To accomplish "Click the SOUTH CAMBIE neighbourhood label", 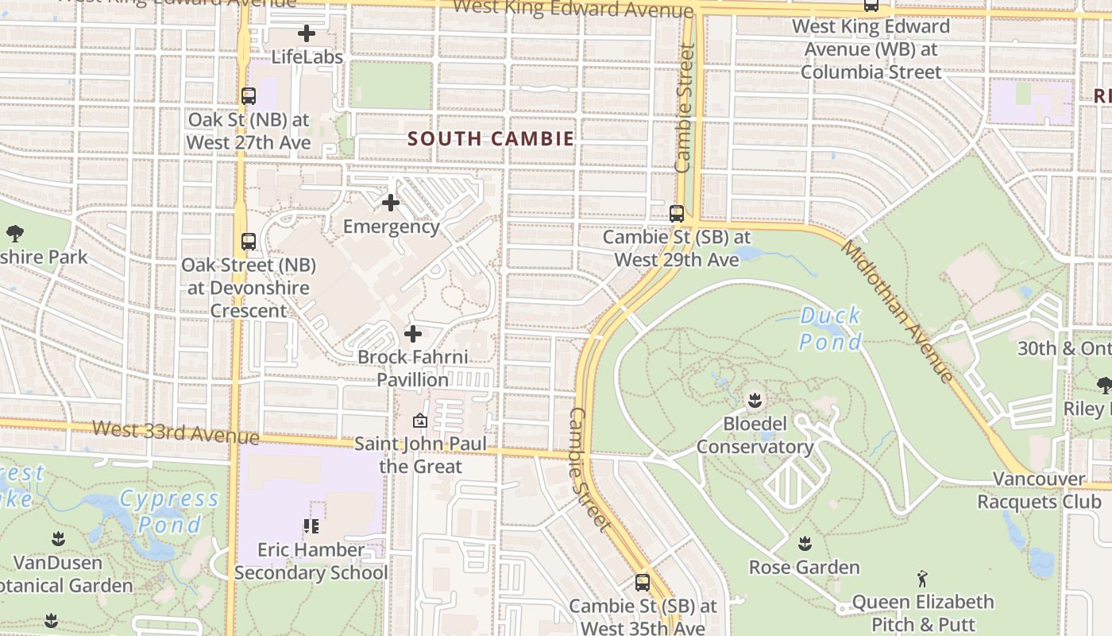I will [490, 138].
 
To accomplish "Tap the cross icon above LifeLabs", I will [307, 33].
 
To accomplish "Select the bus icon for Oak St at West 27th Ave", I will [249, 96].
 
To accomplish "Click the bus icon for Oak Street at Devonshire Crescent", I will [249, 241].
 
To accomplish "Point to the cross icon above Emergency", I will [391, 203].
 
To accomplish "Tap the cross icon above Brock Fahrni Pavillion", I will [413, 334].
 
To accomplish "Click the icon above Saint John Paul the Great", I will [420, 421].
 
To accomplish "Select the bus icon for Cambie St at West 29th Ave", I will [677, 213].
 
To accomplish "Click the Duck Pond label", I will [830, 328].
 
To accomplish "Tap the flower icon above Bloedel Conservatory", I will [755, 399].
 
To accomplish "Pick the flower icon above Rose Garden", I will [805, 544].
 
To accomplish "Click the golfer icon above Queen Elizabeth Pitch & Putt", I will [922, 578].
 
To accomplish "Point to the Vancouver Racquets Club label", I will [1039, 490].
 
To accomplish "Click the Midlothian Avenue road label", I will [897, 311].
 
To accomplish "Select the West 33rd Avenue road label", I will [176, 432].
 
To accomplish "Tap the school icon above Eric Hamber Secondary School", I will [311, 525].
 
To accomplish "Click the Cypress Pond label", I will [169, 511].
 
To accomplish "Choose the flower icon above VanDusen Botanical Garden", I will [58, 539].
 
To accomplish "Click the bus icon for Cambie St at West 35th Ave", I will [643, 582].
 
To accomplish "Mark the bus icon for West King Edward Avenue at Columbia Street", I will [871, 5].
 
